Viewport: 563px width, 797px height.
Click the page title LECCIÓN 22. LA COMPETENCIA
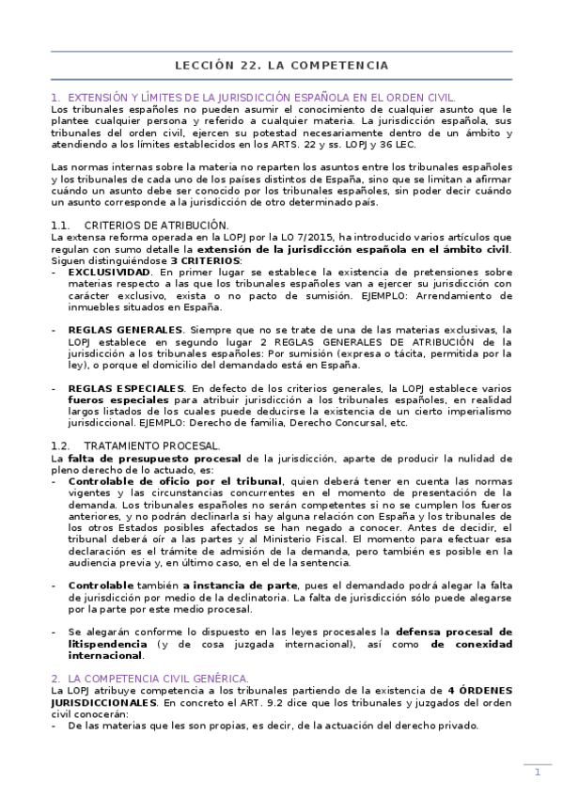click(282, 66)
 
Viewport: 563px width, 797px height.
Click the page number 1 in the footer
click(537, 773)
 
